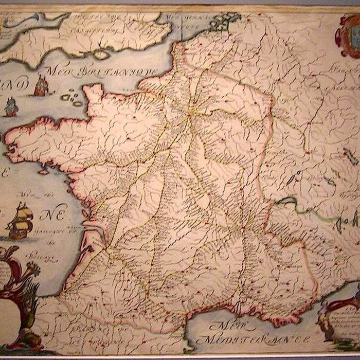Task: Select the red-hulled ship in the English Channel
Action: [x=41, y=86]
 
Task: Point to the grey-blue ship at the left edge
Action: [x=11, y=107]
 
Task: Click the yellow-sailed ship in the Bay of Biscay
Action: [x=20, y=220]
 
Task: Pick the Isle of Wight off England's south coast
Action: [x=101, y=54]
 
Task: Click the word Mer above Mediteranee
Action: [x=225, y=325]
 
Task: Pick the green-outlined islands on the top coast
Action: [x=224, y=22]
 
